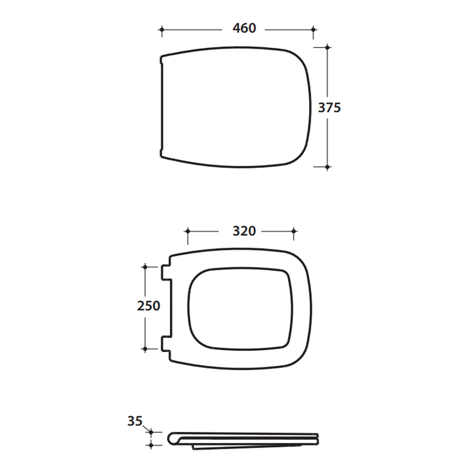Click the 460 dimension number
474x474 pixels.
tap(244, 28)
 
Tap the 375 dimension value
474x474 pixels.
tap(330, 107)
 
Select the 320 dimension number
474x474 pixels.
tap(244, 231)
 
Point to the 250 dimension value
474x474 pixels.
tap(149, 306)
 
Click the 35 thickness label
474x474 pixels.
tap(135, 421)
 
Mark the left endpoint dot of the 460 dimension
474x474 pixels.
tap(162, 30)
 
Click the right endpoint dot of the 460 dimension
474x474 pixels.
tap(313, 30)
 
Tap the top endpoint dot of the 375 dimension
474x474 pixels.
tap(327, 48)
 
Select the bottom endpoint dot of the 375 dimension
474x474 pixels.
tap(327, 167)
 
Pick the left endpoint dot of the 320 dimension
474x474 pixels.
tap(188, 231)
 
